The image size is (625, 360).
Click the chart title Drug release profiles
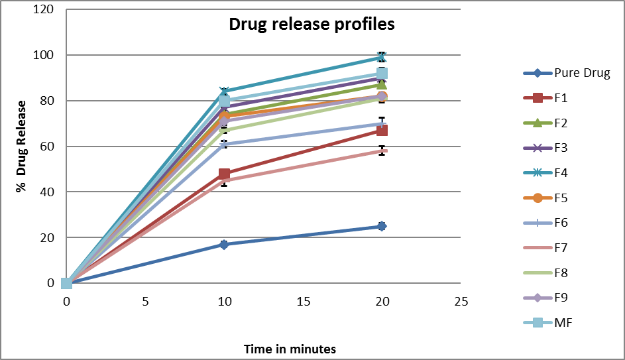[312, 25]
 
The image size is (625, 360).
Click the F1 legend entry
[561, 98]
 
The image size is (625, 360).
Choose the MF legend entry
[563, 323]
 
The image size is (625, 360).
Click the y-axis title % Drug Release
[22, 147]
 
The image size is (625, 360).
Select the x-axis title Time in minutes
[290, 349]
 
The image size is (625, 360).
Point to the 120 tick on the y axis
[44, 10]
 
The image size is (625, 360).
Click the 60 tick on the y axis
[48, 147]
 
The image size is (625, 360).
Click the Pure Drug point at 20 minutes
[382, 226]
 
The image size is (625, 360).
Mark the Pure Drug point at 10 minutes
[224, 245]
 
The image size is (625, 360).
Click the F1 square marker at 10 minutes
[224, 174]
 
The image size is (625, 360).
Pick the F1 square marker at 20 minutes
[382, 130]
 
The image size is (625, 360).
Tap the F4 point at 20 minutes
[382, 58]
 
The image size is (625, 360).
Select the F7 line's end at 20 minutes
[382, 151]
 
